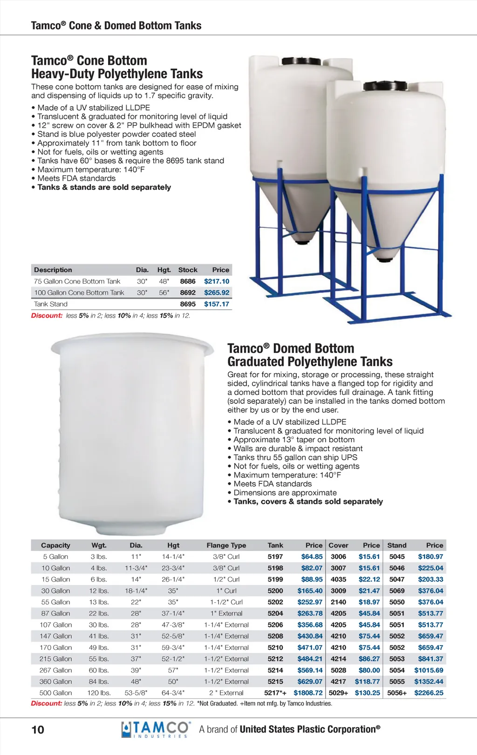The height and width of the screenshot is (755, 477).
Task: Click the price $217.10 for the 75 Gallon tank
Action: (x=217, y=281)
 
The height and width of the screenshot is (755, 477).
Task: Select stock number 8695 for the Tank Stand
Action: (x=188, y=304)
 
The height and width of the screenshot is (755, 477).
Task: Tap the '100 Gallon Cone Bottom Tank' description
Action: (x=79, y=292)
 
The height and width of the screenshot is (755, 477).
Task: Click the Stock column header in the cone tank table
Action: (x=188, y=270)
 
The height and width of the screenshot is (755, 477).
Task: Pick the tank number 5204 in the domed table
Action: (x=275, y=613)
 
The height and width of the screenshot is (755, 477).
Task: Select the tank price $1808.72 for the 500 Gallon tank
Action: (x=308, y=693)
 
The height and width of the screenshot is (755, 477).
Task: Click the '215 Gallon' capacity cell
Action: (x=55, y=659)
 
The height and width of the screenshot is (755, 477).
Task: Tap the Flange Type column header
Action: (x=226, y=545)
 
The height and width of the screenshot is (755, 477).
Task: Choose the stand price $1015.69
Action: (x=429, y=670)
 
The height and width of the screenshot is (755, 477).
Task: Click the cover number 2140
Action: (x=338, y=602)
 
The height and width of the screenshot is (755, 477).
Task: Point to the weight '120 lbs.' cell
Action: (x=99, y=693)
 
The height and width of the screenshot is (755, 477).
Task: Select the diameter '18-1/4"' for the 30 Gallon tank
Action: (x=136, y=591)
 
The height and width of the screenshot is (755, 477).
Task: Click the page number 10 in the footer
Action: (x=38, y=729)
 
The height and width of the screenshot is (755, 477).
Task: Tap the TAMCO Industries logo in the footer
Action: (x=156, y=729)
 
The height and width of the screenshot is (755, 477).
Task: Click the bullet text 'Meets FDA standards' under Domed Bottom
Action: (x=273, y=484)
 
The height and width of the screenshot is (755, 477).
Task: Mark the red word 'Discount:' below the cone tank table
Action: (x=47, y=316)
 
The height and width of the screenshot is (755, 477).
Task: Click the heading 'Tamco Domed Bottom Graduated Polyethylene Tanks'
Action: (x=310, y=355)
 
